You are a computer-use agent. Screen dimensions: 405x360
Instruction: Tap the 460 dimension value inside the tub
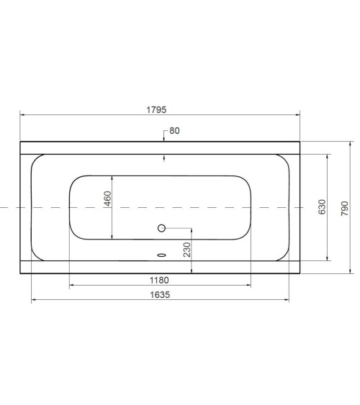tap(107, 199)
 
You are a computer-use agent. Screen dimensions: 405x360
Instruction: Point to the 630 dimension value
tap(322, 207)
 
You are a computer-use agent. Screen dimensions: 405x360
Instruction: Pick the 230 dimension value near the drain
tap(186, 250)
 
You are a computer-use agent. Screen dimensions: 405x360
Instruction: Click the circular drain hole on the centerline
tap(161, 229)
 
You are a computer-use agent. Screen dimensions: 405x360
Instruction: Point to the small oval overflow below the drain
tap(161, 254)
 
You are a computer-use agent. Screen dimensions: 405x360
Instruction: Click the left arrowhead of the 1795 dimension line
tap(22, 115)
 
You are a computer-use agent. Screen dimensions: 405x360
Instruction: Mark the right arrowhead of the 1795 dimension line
tap(297, 115)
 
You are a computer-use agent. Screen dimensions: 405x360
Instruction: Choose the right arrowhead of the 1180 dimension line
tap(248, 286)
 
